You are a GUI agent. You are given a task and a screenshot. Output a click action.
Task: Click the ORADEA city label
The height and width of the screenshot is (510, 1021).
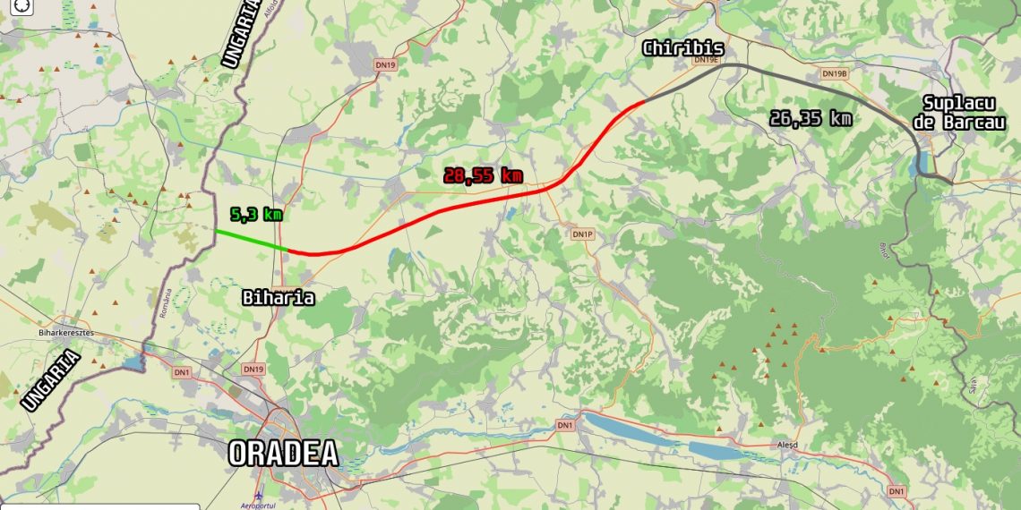(x=283, y=454)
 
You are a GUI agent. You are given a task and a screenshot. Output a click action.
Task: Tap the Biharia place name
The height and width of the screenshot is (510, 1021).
(x=279, y=297)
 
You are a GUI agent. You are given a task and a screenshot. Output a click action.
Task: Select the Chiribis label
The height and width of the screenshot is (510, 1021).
(x=682, y=47)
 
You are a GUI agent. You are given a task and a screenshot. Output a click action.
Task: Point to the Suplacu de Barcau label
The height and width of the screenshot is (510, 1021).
(x=963, y=114)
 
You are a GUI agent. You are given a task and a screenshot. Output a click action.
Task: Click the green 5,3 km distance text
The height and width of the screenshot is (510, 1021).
(x=256, y=215)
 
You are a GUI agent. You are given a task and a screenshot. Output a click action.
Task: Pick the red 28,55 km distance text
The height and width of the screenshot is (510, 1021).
(x=483, y=175)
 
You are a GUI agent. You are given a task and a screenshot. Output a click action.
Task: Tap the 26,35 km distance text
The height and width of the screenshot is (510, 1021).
(x=811, y=118)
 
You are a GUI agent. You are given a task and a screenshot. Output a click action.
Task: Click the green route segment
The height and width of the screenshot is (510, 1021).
(x=251, y=240)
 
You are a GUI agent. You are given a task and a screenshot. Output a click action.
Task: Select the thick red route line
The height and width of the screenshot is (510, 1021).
(x=448, y=211)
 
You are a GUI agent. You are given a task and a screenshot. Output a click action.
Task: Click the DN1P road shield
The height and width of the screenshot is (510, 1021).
(x=582, y=234)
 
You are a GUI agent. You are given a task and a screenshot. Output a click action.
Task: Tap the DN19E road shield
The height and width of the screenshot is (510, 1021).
(x=708, y=60)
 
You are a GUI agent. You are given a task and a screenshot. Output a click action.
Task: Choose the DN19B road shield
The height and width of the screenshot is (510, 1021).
(x=834, y=73)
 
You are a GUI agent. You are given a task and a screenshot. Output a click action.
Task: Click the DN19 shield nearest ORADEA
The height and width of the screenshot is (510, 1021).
(x=253, y=369)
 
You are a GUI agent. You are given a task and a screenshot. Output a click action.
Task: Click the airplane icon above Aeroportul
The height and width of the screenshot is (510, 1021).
(x=259, y=495)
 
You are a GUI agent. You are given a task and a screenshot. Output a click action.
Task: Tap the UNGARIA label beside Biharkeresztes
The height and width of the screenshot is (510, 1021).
(x=51, y=381)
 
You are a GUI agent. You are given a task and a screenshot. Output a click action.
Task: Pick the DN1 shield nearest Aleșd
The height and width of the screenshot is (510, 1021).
(x=896, y=491)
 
